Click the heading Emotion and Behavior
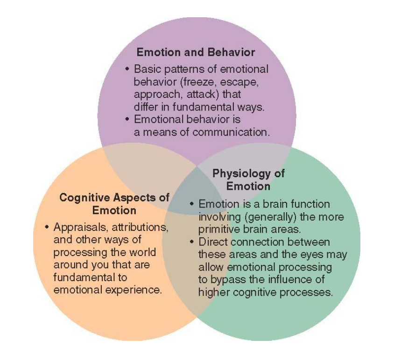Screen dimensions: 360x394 [196, 52]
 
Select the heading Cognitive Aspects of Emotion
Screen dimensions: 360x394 [114, 203]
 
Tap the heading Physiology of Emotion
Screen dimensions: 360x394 [248, 180]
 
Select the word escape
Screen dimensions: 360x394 [238, 82]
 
